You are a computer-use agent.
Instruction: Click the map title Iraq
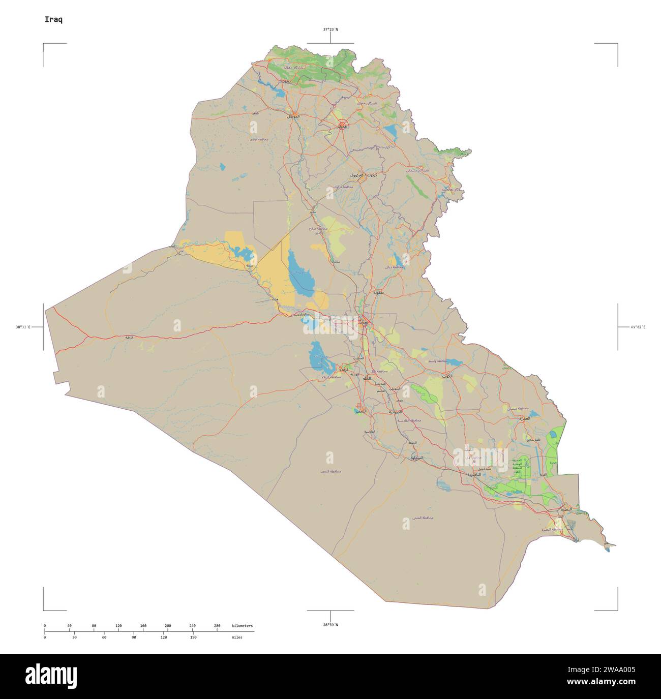[x=53, y=20]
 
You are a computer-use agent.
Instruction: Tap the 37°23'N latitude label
[x=330, y=29]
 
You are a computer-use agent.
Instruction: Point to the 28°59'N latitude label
[x=330, y=624]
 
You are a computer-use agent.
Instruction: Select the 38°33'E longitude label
[x=23, y=327]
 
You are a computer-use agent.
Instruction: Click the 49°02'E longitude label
[x=638, y=327]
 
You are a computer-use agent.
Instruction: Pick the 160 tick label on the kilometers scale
[x=143, y=625]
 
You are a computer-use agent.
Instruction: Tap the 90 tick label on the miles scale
[x=134, y=637]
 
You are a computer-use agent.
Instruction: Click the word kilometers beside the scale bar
[x=242, y=625]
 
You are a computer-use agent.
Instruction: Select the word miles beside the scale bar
[x=237, y=637]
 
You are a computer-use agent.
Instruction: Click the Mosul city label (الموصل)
[x=293, y=116]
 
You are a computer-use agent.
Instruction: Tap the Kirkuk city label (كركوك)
[x=366, y=174]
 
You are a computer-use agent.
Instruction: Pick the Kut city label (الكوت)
[x=447, y=376]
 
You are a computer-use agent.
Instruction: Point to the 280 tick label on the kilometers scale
[x=217, y=625]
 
